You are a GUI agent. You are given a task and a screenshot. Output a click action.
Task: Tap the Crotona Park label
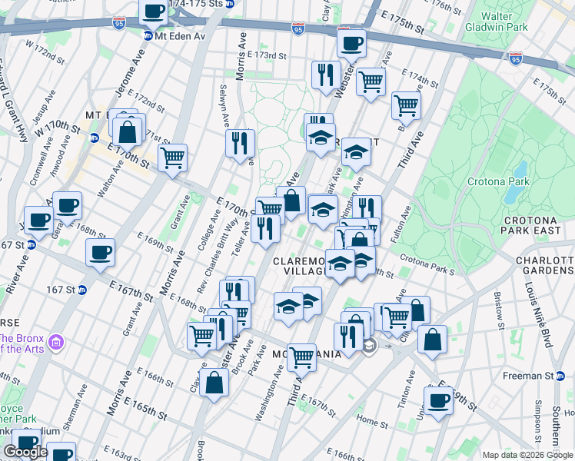coord(497,182)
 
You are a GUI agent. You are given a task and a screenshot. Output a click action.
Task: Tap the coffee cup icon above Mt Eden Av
coord(154,11)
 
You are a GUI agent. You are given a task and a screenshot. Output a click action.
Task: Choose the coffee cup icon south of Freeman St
coord(439,400)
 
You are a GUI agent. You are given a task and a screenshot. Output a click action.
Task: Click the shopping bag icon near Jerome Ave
coord(128,131)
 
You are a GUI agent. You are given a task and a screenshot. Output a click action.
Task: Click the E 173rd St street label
coord(267,55)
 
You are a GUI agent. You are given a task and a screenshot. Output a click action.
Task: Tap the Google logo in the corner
coord(26,452)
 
